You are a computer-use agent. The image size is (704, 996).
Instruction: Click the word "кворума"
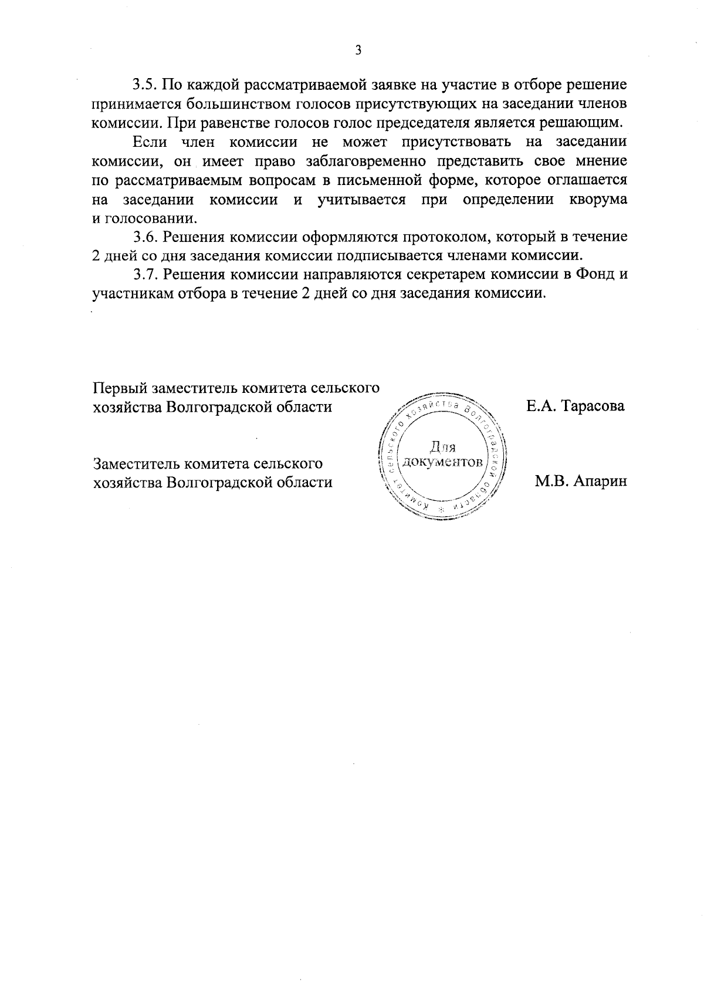[598, 200]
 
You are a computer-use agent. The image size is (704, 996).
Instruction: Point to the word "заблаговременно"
[346, 161]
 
